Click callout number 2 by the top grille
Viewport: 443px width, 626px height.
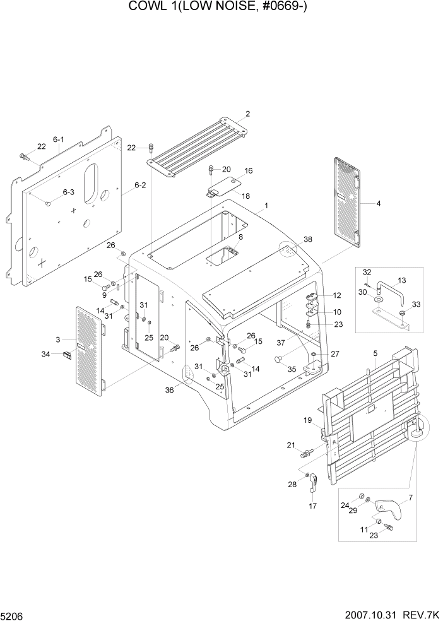[x=247, y=114]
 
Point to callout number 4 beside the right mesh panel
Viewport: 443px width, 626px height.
[x=378, y=204]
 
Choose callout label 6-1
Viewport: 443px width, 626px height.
[x=59, y=139]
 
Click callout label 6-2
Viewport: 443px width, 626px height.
[x=139, y=185]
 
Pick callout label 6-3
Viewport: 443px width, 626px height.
[x=68, y=192]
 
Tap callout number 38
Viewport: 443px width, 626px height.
[x=307, y=240]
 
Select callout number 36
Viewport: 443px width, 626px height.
[x=169, y=390]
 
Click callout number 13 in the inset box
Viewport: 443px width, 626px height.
[x=401, y=280]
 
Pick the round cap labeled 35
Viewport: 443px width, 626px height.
[x=277, y=358]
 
